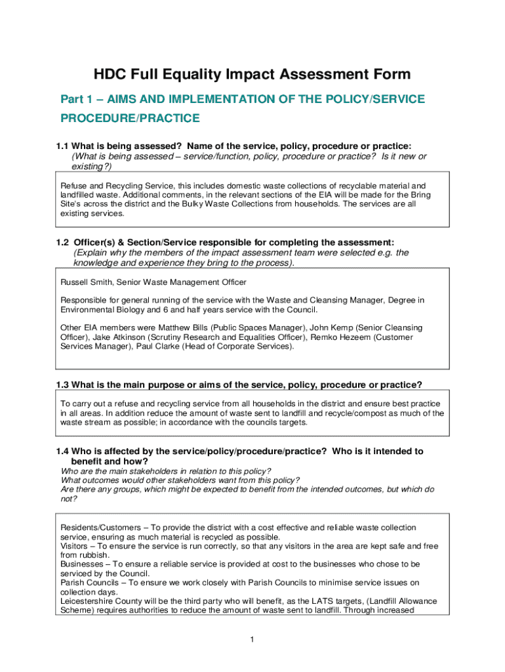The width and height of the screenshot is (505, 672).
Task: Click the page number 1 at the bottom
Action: tap(252, 640)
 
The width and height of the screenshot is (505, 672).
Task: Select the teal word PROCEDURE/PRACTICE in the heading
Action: tap(130, 119)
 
